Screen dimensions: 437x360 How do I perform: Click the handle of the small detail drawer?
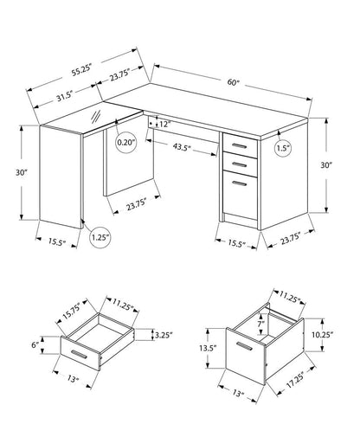(82, 356)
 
